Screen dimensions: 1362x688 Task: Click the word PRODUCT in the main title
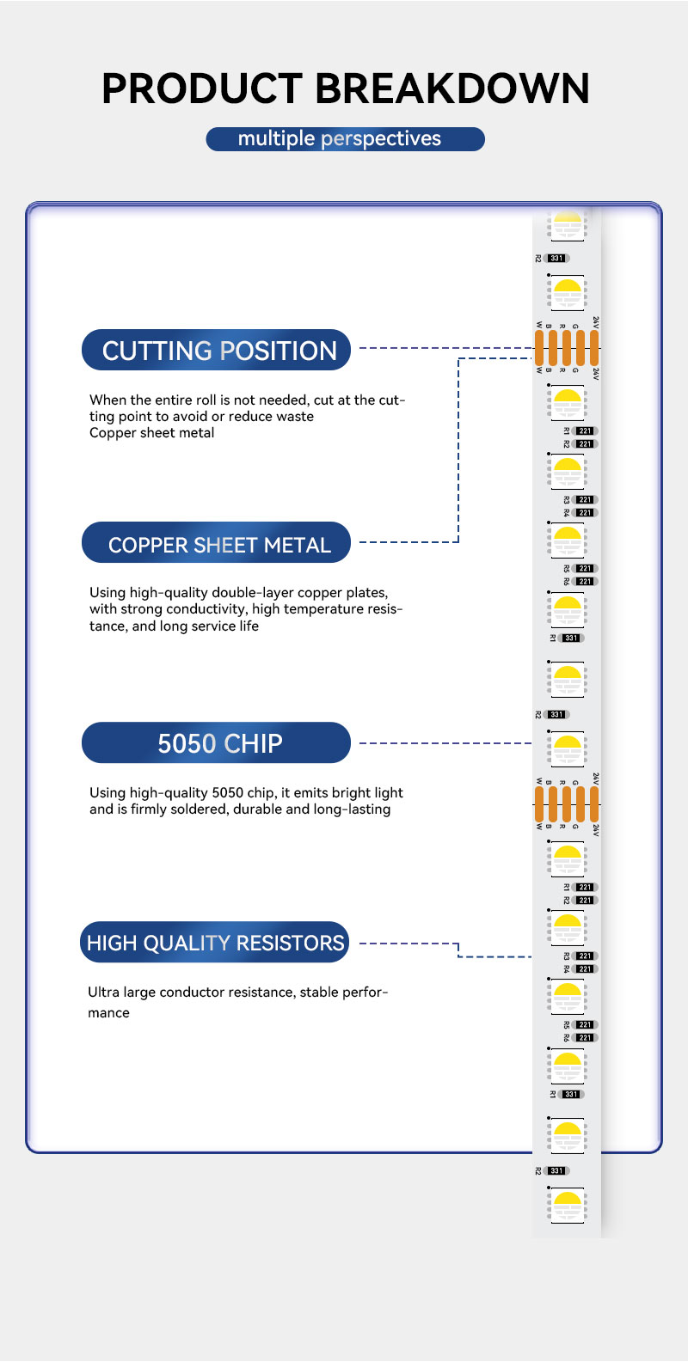pos(203,89)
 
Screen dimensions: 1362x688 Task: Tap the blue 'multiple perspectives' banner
pos(345,139)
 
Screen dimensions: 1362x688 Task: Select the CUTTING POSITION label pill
pos(216,351)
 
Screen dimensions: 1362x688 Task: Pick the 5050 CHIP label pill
pos(216,743)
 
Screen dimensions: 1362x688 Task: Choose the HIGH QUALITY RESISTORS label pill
pos(215,943)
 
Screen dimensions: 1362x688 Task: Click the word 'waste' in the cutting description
pos(295,417)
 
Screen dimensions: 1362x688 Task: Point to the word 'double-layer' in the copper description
pos(253,593)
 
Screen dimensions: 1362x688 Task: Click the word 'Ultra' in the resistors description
pos(103,992)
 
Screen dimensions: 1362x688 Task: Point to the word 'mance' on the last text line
pos(108,1013)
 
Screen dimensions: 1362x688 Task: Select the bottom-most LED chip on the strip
pos(567,1205)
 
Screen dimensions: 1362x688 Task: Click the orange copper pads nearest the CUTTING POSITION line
pos(567,347)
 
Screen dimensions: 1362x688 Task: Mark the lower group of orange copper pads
pos(567,803)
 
